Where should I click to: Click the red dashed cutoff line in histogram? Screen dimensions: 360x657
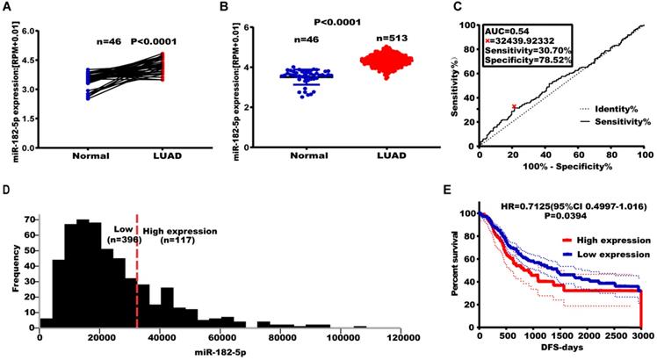[137, 263]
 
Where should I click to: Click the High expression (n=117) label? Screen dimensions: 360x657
[180, 237]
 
